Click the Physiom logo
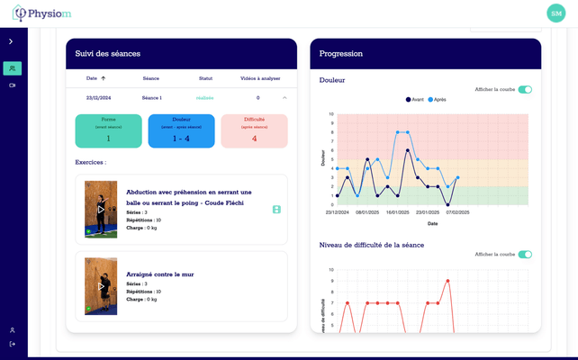[41, 13]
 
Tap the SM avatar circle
[555, 13]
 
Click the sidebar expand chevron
[11, 41]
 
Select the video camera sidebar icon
[12, 85]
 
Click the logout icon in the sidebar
[12, 344]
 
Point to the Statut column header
[205, 78]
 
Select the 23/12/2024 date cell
[98, 97]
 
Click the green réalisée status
[205, 97]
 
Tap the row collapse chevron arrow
[284, 97]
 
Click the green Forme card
[108, 130]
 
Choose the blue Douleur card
[181, 130]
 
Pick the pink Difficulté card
[254, 130]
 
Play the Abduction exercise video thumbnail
[101, 209]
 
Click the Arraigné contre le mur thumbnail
[101, 286]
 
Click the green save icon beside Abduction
[276, 209]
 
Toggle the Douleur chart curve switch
[525, 89]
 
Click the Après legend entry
[437, 99]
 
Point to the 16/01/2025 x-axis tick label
[397, 212]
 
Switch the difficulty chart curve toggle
[525, 254]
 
